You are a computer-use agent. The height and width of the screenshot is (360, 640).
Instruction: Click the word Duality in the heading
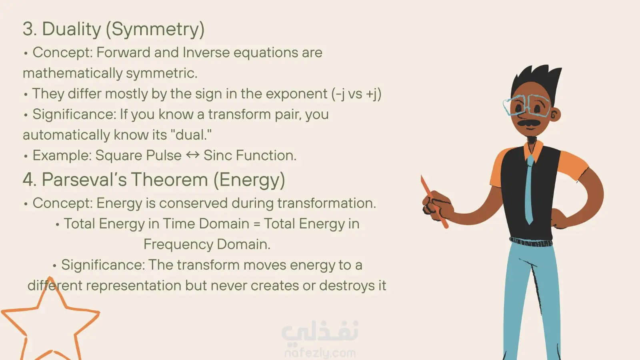pos(72,29)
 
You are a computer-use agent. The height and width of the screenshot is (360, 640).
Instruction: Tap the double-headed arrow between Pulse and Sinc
pos(192,155)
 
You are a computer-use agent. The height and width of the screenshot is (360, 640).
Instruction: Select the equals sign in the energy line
pos(256,224)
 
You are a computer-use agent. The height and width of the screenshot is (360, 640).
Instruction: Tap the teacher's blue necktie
pos(529,190)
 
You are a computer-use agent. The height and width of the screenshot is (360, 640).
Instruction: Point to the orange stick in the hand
pos(434,202)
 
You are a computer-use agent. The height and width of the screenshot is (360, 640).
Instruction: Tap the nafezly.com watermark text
pos(320,353)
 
